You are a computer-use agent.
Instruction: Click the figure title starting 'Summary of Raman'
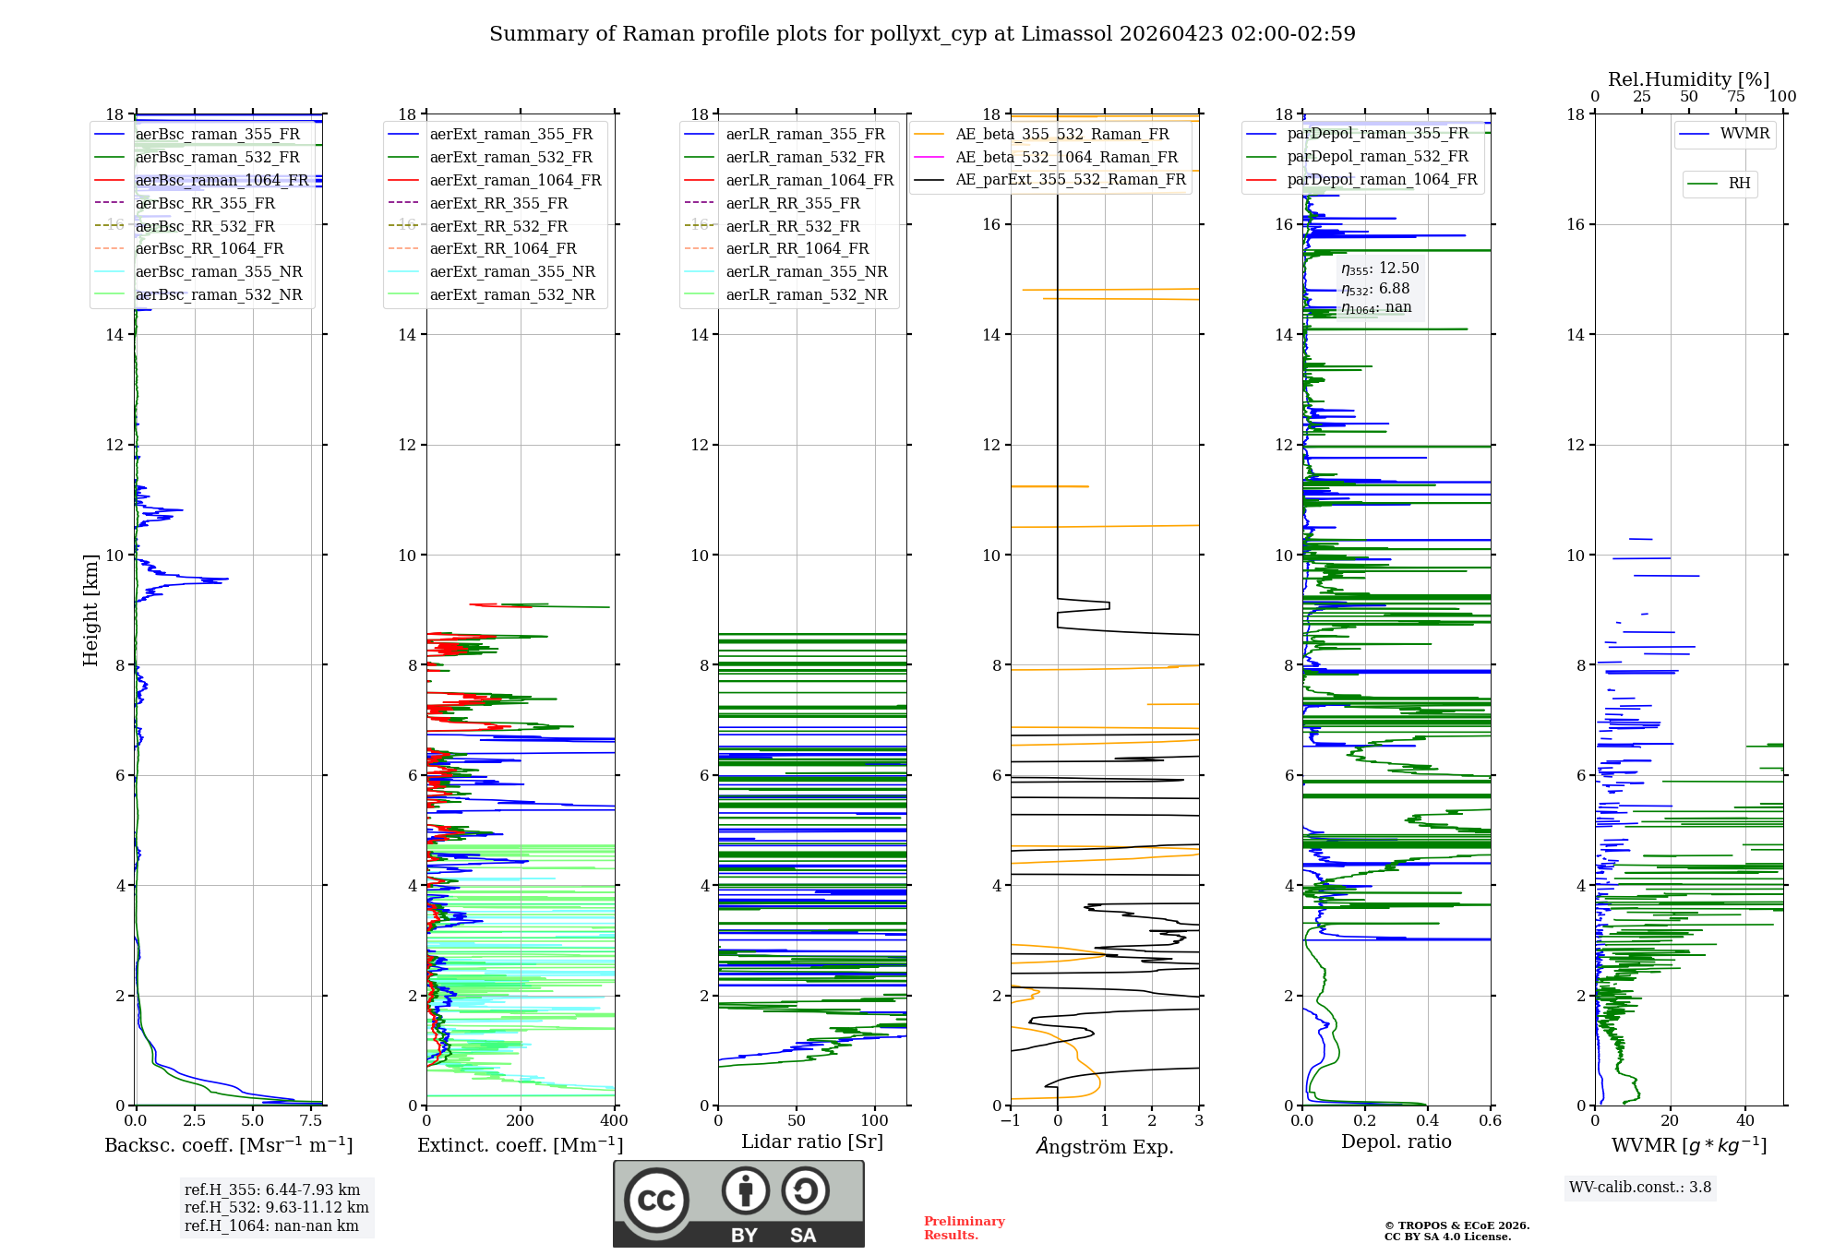click(x=922, y=34)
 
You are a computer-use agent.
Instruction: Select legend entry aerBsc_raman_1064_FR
click(x=222, y=180)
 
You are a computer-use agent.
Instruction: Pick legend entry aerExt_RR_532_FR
click(x=497, y=226)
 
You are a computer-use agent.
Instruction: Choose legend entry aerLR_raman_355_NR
click(x=806, y=271)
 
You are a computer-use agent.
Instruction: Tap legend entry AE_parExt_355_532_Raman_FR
click(x=1070, y=179)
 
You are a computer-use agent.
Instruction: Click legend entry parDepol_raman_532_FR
click(x=1377, y=157)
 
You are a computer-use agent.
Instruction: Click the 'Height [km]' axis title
click(x=90, y=610)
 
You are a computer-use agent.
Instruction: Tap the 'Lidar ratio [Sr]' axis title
click(x=812, y=1141)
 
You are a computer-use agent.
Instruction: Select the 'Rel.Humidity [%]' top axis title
click(x=1688, y=79)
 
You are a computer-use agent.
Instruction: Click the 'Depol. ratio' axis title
click(x=1396, y=1141)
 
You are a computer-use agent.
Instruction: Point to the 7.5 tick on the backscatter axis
click(x=311, y=1121)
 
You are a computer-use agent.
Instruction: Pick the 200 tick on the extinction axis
click(x=521, y=1121)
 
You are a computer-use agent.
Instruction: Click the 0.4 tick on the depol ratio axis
click(x=1428, y=1121)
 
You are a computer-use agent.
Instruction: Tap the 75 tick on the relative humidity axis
click(x=1735, y=97)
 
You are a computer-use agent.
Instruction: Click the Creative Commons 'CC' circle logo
click(x=656, y=1201)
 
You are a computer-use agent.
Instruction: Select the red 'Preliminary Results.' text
click(x=964, y=1228)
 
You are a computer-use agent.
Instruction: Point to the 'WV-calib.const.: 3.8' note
click(x=1639, y=1188)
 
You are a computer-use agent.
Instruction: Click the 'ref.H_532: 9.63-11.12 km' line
click(x=276, y=1208)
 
